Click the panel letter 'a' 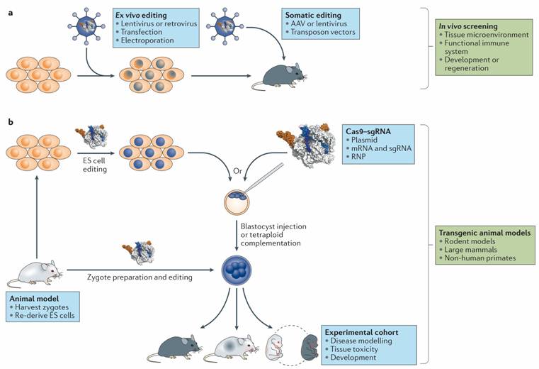[x=10, y=10]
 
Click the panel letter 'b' [x=10, y=123]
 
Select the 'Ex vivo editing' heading [x=142, y=14]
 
